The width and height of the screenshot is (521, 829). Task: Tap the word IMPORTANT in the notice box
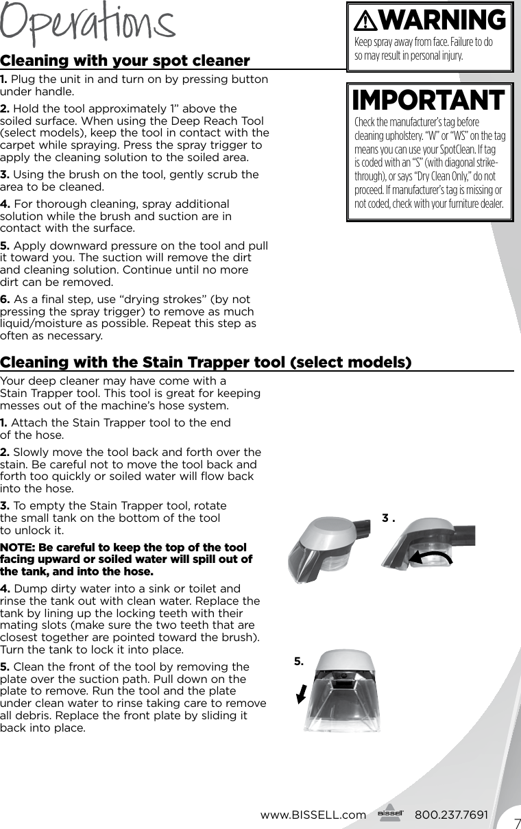(428, 101)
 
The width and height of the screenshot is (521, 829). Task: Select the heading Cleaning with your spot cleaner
(125, 61)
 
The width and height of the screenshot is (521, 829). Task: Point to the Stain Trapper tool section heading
(206, 361)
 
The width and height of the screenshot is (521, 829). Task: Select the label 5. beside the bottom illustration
(298, 661)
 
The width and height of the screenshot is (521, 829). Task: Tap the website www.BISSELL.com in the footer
(313, 815)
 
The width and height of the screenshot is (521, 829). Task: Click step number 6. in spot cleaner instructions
(5, 300)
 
